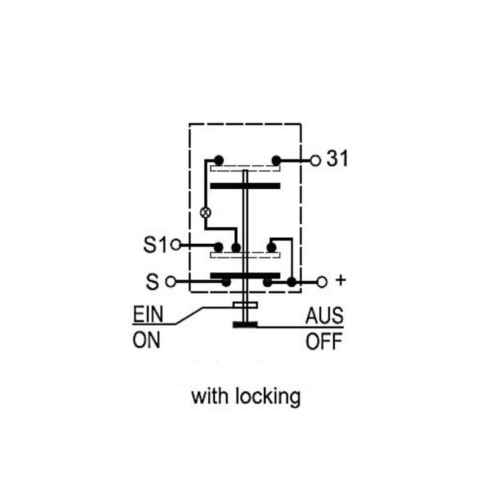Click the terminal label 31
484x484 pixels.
pyautogui.click(x=337, y=159)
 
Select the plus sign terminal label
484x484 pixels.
pyautogui.click(x=341, y=280)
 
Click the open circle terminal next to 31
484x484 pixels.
pyautogui.click(x=315, y=160)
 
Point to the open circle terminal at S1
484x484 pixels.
pyautogui.click(x=175, y=245)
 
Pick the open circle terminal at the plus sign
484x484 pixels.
pyautogui.click(x=322, y=282)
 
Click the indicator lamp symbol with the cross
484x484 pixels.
pyautogui.click(x=206, y=212)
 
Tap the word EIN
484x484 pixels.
pyautogui.click(x=148, y=314)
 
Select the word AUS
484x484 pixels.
pyautogui.click(x=324, y=315)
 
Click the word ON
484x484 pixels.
pyautogui.click(x=146, y=341)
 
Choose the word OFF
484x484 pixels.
pyautogui.click(x=324, y=341)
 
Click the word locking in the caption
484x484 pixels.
pyautogui.click(x=268, y=397)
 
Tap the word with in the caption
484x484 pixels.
pyautogui.click(x=211, y=396)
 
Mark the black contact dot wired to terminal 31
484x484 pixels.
pyautogui.click(x=276, y=160)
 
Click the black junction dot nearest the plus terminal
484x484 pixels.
pyautogui.click(x=292, y=282)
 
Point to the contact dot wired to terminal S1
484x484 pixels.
pyautogui.click(x=218, y=247)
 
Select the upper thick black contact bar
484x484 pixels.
pyautogui.click(x=245, y=186)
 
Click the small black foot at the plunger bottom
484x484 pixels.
pyautogui.click(x=245, y=324)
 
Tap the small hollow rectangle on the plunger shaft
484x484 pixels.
pyautogui.click(x=245, y=306)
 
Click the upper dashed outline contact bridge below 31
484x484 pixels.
pyautogui.click(x=245, y=168)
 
